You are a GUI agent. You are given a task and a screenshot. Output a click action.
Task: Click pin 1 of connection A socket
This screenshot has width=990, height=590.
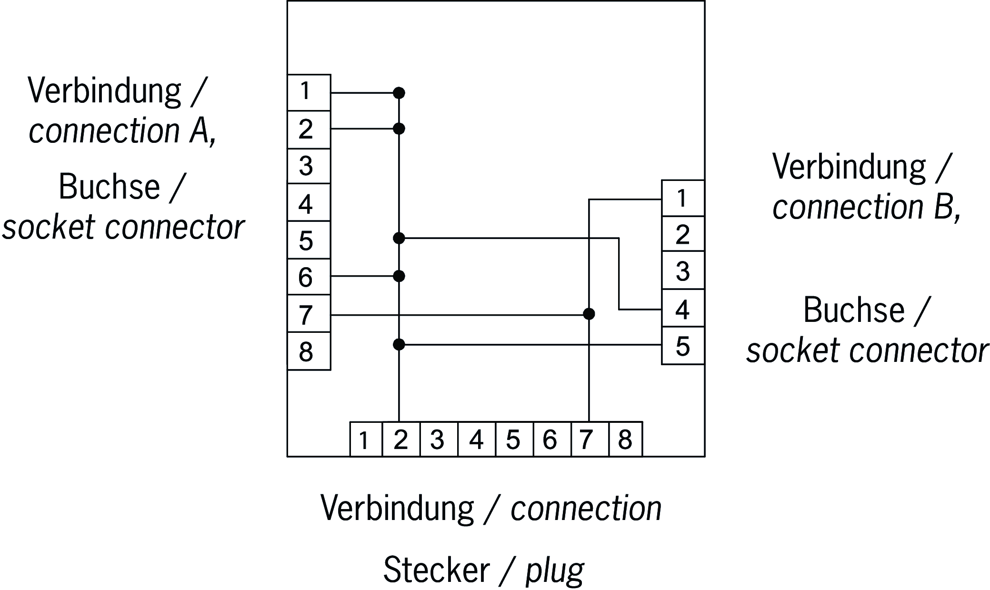coord(309,92)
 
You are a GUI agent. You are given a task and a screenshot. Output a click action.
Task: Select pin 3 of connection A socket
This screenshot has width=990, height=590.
coord(309,166)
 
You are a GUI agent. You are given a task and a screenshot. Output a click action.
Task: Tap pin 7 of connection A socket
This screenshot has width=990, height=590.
coord(309,314)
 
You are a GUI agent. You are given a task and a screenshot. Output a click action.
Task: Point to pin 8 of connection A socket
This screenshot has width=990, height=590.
coord(309,351)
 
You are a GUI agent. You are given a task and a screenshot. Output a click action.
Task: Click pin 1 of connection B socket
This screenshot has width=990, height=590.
coord(683,198)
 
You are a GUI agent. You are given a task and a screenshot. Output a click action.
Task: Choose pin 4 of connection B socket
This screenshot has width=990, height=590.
coord(683,309)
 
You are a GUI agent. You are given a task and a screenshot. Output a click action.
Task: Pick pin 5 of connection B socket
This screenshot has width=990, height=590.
coord(683,346)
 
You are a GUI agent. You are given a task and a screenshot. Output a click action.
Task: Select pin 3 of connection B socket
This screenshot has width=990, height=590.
coord(683,271)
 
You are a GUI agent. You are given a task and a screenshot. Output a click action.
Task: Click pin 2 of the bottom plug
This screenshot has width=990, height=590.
coord(401,439)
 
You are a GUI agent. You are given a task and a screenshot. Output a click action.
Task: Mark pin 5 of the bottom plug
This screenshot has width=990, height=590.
coord(513,439)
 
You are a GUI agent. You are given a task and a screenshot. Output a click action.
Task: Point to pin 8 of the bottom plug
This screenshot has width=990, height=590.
coord(625,439)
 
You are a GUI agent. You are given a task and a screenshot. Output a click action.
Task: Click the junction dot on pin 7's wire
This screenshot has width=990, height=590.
coord(589,314)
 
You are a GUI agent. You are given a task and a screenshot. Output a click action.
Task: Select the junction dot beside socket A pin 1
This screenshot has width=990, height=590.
coord(399,93)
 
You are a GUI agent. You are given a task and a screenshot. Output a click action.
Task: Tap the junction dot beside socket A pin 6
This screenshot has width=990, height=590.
coord(399,276)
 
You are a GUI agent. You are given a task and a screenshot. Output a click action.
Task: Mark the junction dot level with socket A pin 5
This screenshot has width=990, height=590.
coord(399,238)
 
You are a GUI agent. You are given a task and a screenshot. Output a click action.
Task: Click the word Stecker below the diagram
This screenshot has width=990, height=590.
coord(436,569)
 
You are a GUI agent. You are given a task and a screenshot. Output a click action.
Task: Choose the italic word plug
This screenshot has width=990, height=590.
coord(555,570)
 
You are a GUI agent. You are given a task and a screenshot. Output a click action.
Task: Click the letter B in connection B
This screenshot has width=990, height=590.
coord(942,208)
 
